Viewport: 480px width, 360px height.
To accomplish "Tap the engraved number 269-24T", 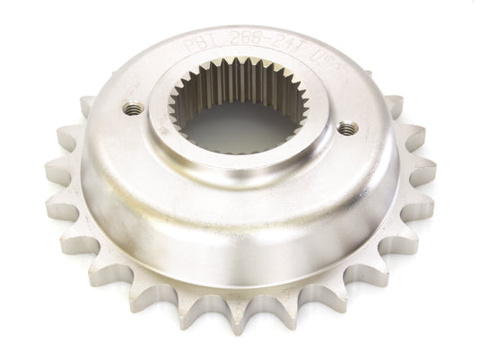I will [258, 40].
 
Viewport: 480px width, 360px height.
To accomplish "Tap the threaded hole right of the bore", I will [345, 128].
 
